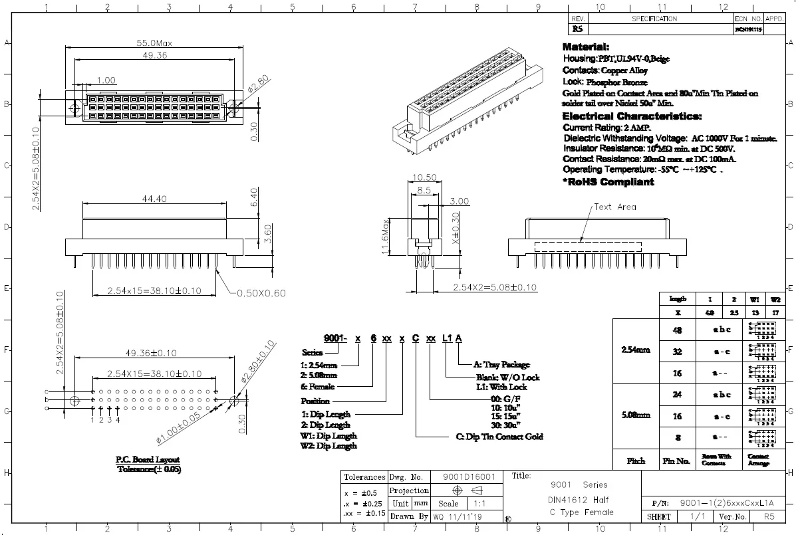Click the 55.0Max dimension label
coord(154,43)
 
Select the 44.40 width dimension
coord(154,199)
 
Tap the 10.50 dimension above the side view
coord(424,177)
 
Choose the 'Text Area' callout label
coord(614,207)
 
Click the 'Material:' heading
coord(586,47)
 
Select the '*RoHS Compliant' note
coord(608,182)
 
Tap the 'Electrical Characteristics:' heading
coord(632,116)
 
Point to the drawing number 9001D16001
coord(469,477)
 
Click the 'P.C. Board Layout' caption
coord(148,459)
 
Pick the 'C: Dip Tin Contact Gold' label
coord(499,437)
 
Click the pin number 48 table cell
coord(677,330)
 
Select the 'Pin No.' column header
coord(677,461)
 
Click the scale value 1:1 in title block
coord(478,504)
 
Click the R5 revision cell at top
coord(577,30)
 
